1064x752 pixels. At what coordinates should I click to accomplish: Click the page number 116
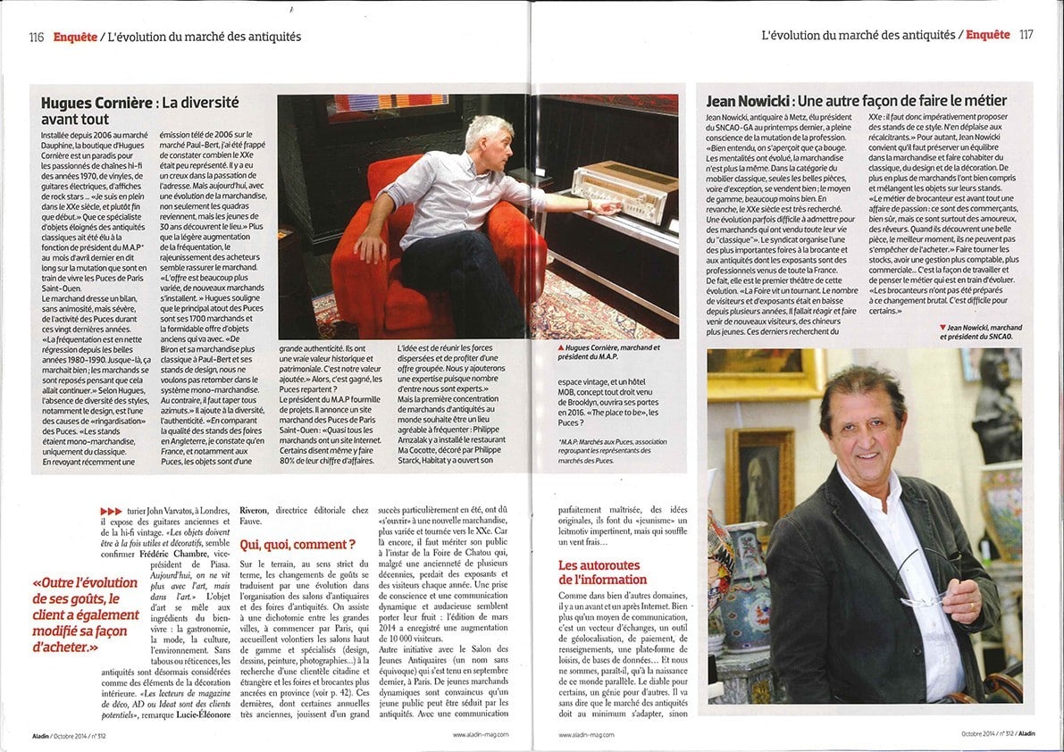point(37,37)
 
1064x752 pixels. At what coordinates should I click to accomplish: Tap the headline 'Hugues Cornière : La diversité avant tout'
point(140,111)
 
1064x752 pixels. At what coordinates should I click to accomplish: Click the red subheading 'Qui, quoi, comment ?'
point(297,544)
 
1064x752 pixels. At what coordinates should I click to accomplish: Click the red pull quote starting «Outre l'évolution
point(87,614)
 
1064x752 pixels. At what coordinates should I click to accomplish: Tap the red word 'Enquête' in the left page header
point(75,37)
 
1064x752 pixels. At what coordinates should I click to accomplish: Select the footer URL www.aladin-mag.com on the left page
point(480,734)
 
